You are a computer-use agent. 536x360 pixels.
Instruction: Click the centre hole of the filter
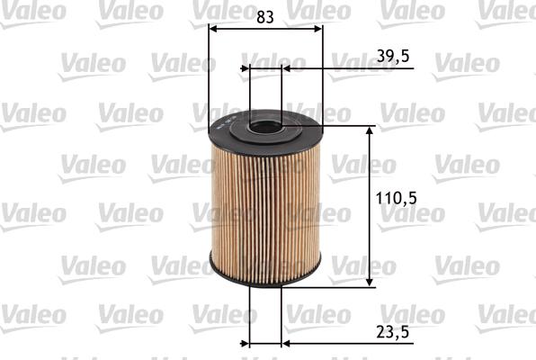coord(265,126)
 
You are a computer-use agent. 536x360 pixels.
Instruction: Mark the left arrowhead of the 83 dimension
coord(213,29)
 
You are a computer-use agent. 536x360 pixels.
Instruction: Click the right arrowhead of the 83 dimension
coord(317,29)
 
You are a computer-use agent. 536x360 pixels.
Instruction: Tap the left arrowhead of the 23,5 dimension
coord(254,343)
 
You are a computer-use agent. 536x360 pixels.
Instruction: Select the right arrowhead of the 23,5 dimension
coord(277,343)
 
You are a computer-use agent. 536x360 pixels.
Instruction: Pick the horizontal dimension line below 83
coord(265,29)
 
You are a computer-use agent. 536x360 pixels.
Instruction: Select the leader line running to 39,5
coord(342,67)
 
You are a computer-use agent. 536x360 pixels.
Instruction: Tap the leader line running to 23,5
coord(342,343)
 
